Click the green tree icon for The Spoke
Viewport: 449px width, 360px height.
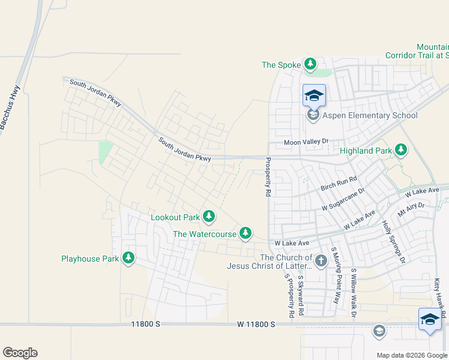point(310,64)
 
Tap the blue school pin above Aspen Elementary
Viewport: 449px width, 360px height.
point(314,95)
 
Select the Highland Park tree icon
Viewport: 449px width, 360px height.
point(400,150)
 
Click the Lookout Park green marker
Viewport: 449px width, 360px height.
point(208,217)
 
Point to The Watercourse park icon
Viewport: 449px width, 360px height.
point(245,233)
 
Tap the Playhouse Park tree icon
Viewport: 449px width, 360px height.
point(128,258)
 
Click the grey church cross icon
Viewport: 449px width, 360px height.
point(321,261)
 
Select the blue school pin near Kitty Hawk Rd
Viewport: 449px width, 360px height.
point(430,320)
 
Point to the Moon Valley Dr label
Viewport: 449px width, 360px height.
point(307,142)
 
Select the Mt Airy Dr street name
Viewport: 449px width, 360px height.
point(411,208)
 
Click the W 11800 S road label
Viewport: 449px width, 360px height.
point(256,324)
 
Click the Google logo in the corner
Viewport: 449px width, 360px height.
point(20,353)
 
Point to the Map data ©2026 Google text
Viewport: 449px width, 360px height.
point(411,355)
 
